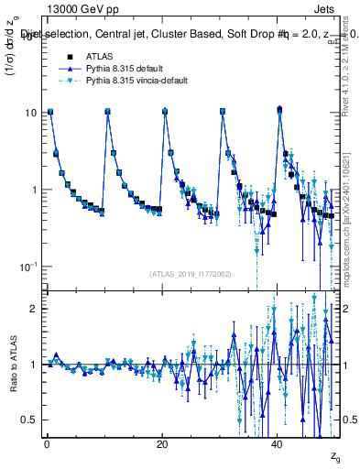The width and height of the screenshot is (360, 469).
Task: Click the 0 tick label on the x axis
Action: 47,443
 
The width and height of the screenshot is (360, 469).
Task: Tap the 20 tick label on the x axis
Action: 162,443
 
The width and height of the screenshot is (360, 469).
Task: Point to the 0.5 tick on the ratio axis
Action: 31,420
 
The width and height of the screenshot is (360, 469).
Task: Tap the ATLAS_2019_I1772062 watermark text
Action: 191,273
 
